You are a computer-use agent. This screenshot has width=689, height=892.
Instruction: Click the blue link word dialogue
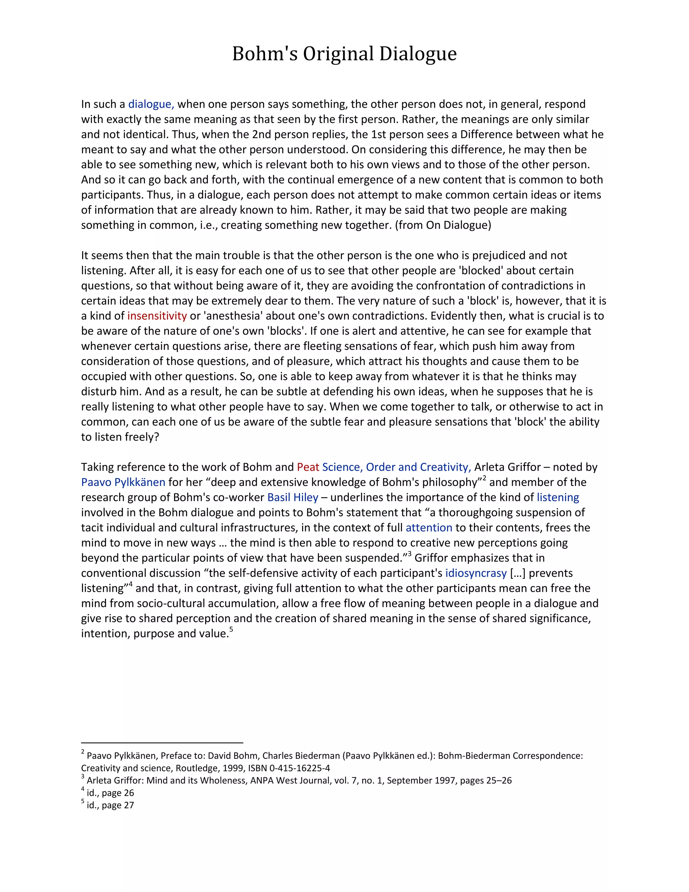pyautogui.click(x=151, y=104)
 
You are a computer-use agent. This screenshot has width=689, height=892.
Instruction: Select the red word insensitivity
pyautogui.click(x=157, y=316)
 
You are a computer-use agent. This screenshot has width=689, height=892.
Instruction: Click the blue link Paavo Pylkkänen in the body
pyautogui.click(x=123, y=482)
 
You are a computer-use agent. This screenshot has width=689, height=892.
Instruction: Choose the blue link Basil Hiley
pyautogui.click(x=292, y=498)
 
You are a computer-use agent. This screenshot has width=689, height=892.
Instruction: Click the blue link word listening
pyautogui.click(x=557, y=498)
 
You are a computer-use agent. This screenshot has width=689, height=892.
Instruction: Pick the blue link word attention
pyautogui.click(x=429, y=528)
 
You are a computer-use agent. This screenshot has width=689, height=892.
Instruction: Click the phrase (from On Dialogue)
pyautogui.click(x=443, y=225)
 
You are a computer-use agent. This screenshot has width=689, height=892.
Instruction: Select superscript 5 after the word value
pyautogui.click(x=231, y=630)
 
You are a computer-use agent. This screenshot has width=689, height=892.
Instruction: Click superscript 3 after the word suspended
pyautogui.click(x=409, y=554)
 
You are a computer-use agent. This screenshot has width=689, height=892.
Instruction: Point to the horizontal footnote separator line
pyautogui.click(x=162, y=743)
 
